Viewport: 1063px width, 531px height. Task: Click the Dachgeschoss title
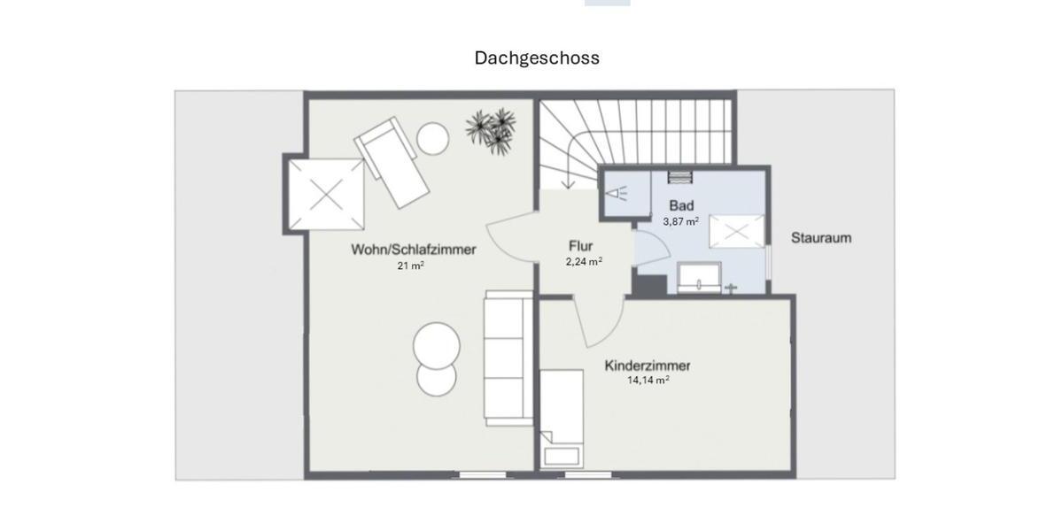point(537,58)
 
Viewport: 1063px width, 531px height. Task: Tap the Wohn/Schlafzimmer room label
point(413,250)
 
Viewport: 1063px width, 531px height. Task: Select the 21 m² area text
point(410,265)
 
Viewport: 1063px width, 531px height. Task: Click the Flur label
point(581,246)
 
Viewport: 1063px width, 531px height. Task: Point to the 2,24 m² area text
point(584,261)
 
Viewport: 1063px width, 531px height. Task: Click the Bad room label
point(681,206)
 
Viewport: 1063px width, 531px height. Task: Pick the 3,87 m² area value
point(680,221)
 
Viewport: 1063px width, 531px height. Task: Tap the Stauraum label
point(821,238)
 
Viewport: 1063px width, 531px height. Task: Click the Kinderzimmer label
point(648,366)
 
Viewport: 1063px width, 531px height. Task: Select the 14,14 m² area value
point(648,381)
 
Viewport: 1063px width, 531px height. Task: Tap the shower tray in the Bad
point(735,233)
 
